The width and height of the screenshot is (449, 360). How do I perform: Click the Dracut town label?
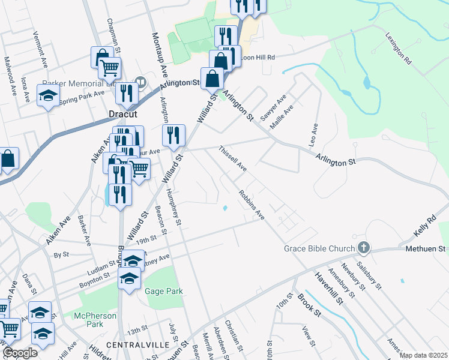[x=123, y=113]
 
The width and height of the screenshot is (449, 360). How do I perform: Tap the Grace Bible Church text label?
[x=319, y=248]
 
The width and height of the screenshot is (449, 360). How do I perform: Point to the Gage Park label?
[x=163, y=291]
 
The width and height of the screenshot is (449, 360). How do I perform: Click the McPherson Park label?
[x=89, y=319]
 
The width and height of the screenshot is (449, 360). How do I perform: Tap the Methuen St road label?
[x=428, y=248]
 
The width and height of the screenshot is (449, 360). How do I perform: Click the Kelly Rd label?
[x=423, y=227]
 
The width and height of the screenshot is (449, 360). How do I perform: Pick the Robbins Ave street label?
[x=252, y=206]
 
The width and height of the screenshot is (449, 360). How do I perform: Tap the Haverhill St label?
[x=328, y=287]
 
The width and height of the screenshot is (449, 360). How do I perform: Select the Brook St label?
[x=310, y=305]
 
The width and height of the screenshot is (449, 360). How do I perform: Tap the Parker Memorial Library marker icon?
[x=140, y=82]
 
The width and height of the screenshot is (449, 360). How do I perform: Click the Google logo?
[x=20, y=353]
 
